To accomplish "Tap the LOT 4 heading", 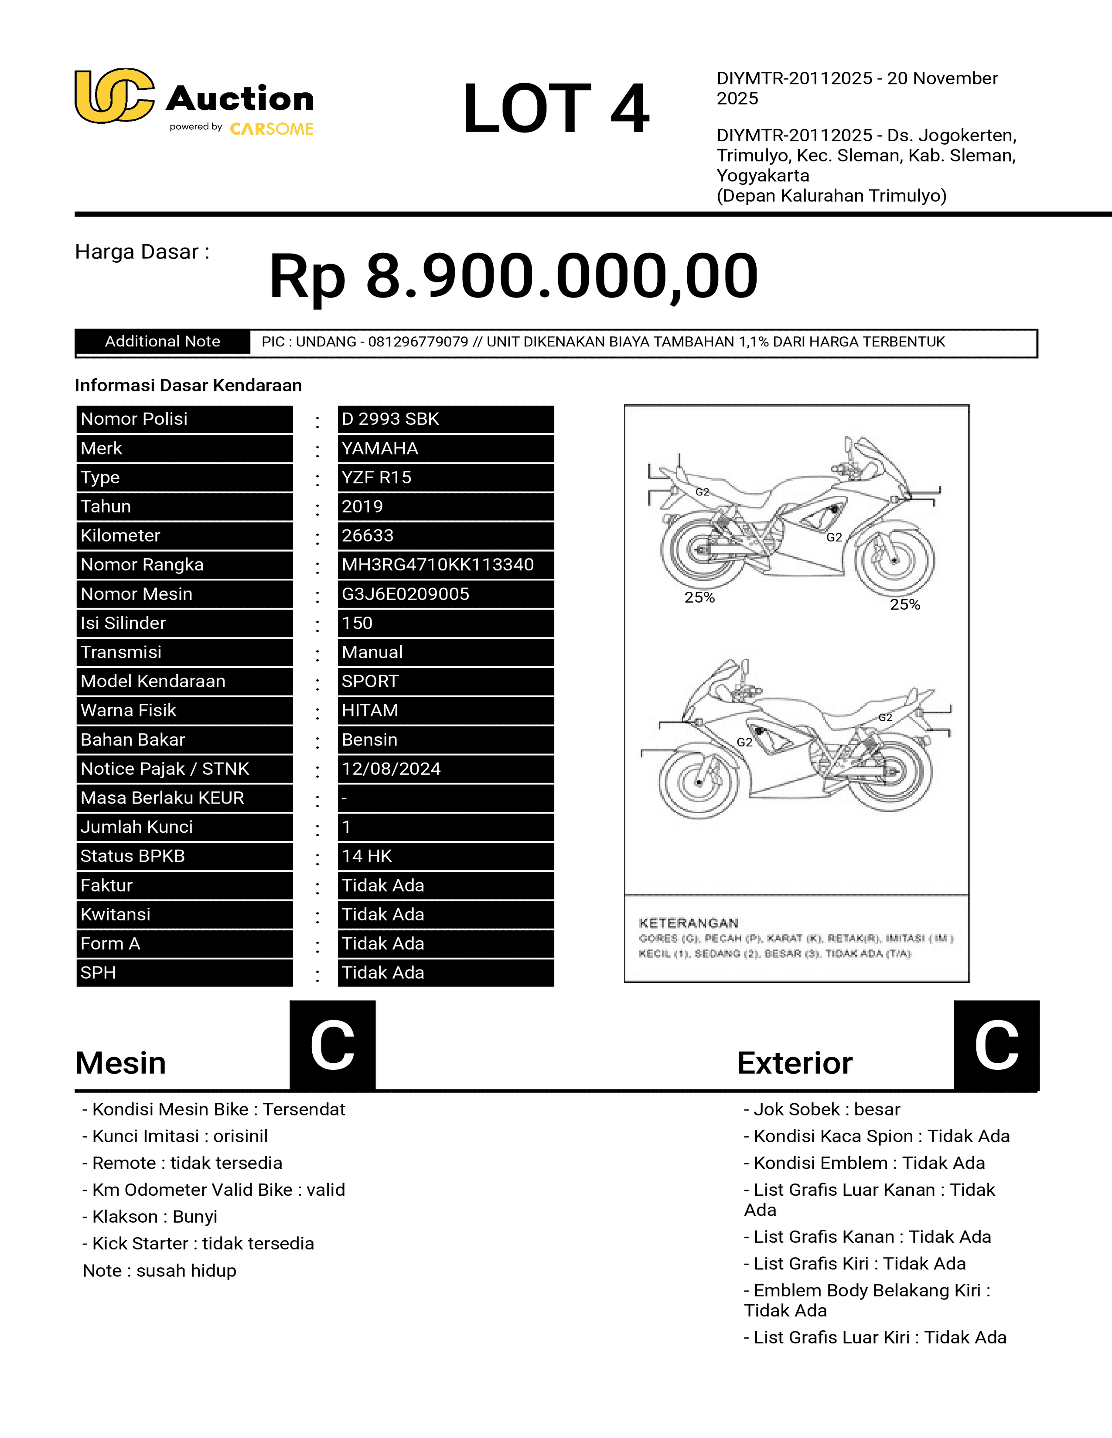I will (x=555, y=109).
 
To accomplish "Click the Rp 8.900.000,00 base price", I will (x=513, y=276).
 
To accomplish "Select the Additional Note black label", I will (x=162, y=342).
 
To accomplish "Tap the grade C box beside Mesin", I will (x=333, y=1045).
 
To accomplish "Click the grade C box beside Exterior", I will (x=996, y=1045).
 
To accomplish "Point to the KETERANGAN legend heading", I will (x=689, y=923).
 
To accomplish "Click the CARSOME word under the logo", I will (x=271, y=129).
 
